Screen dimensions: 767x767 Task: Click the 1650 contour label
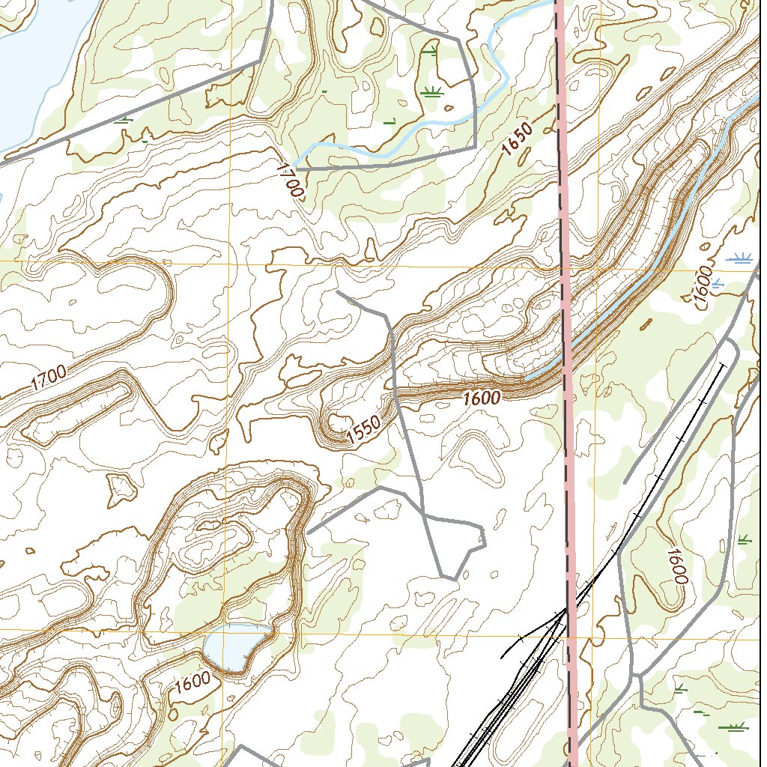click(x=518, y=139)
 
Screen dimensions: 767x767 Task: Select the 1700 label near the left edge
click(x=49, y=379)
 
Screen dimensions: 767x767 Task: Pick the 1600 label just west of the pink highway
click(x=481, y=398)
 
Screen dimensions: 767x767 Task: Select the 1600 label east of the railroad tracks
click(x=675, y=566)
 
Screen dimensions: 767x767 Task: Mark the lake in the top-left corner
click(x=37, y=60)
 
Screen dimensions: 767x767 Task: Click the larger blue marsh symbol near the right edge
click(x=741, y=259)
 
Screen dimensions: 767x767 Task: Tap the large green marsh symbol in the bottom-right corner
click(x=732, y=727)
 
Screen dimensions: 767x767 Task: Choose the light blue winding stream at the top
click(x=494, y=60)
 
